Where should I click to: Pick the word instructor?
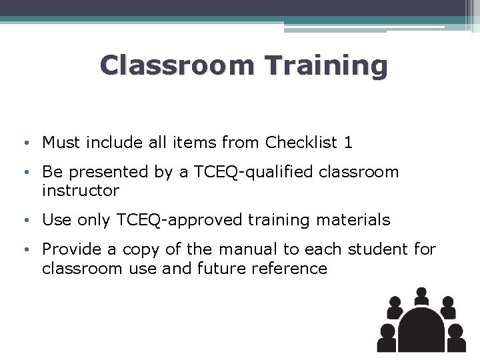click(x=81, y=191)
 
